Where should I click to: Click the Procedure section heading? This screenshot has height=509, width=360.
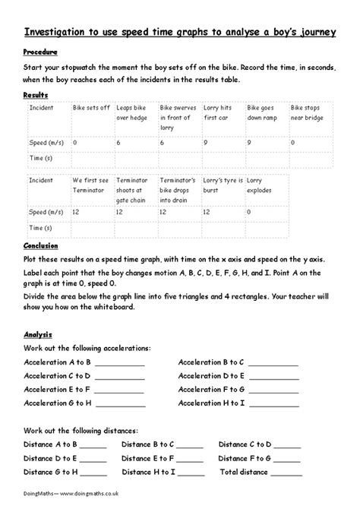(42, 54)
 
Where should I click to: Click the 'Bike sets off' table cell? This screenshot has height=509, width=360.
(91, 109)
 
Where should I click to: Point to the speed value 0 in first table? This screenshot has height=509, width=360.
(75, 142)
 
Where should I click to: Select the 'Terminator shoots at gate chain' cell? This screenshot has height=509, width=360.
(134, 190)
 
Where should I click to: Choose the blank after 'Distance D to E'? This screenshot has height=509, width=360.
(93, 458)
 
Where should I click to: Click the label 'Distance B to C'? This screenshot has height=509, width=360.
(149, 444)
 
